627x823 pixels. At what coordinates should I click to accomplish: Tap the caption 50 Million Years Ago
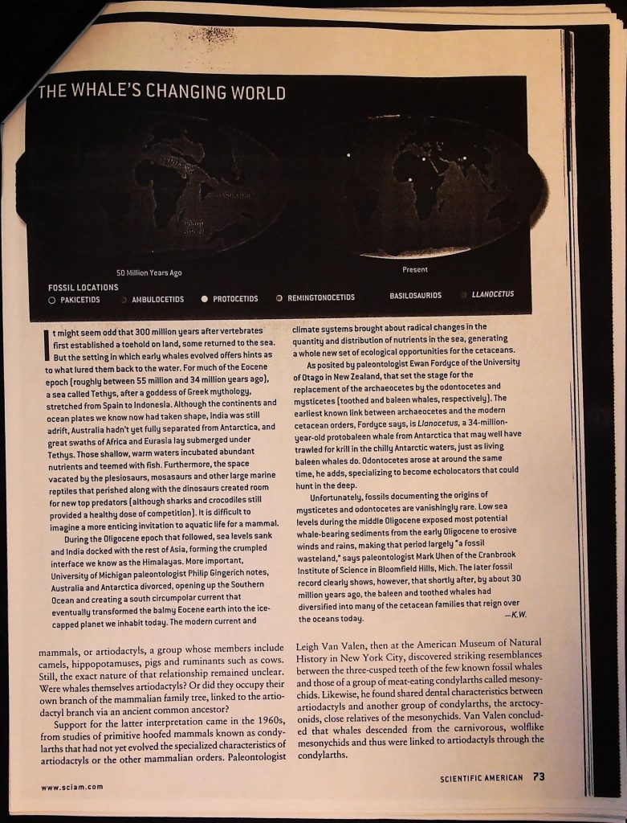(149, 272)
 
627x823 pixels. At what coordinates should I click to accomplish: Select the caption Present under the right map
(414, 269)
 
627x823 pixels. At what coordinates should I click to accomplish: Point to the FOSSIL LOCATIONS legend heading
(83, 287)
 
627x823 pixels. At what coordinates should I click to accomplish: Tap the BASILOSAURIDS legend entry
(415, 296)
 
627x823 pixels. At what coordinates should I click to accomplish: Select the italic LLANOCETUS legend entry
(493, 294)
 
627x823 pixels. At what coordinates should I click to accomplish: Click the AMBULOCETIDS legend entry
(157, 299)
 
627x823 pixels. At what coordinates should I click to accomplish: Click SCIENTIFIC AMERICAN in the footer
(482, 778)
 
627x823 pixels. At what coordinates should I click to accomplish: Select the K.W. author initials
(517, 615)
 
